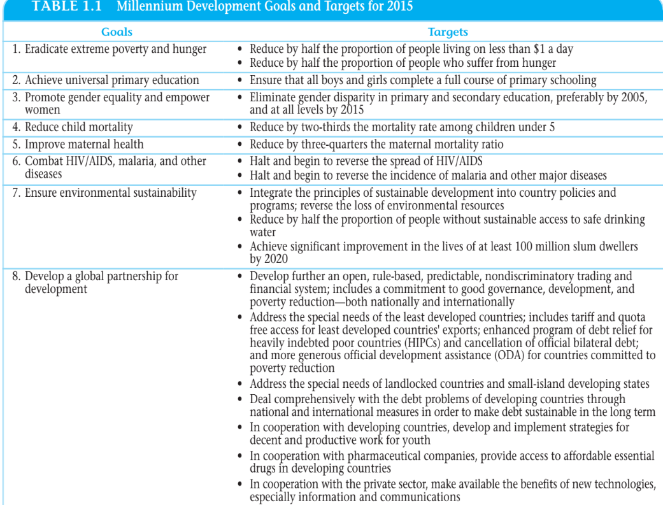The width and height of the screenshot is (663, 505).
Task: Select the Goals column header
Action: coord(117,31)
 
